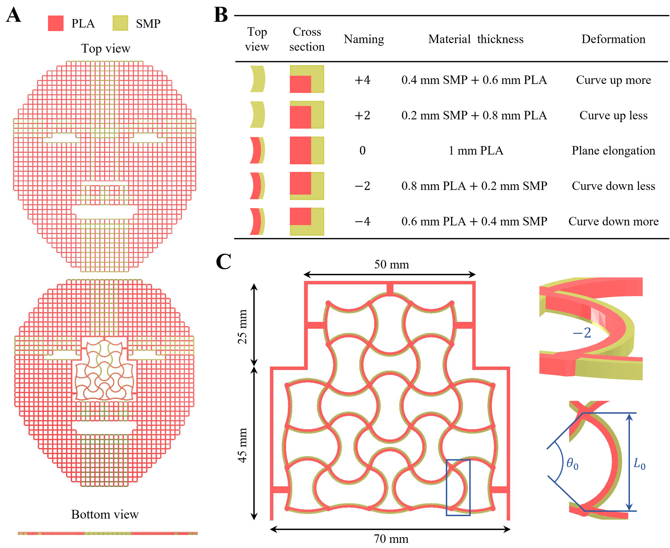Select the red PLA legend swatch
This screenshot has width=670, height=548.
coord(56,23)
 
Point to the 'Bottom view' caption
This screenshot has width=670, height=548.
coord(105,514)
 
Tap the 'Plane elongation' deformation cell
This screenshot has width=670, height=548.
coord(613,151)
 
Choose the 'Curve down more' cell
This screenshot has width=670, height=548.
coord(613,221)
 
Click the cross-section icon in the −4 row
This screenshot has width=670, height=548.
coord(307,221)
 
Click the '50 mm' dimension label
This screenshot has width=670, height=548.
coord(391,264)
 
